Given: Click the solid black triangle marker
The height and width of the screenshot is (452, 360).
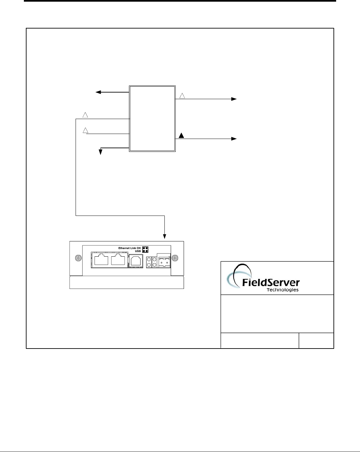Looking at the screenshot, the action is pyautogui.click(x=181, y=135).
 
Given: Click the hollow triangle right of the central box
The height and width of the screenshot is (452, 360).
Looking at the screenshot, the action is pyautogui.click(x=182, y=96).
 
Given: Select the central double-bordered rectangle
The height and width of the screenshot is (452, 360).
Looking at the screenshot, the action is pyautogui.click(x=152, y=119).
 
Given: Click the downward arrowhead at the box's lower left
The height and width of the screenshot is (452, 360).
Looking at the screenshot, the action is pyautogui.click(x=100, y=152).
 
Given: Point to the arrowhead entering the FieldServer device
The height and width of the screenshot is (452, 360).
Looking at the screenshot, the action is pyautogui.click(x=165, y=236).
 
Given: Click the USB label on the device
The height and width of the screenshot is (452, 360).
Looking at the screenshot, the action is pyautogui.click(x=138, y=251).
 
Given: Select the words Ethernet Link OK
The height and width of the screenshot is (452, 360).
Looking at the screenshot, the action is pyautogui.click(x=130, y=248).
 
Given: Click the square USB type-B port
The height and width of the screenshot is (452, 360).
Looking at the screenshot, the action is pyautogui.click(x=136, y=260).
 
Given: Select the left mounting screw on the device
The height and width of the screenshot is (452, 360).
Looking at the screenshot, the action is pyautogui.click(x=78, y=258).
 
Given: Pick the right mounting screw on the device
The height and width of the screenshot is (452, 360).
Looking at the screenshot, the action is pyautogui.click(x=176, y=258).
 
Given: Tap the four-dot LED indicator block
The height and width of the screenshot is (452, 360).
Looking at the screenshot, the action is pyautogui.click(x=145, y=250).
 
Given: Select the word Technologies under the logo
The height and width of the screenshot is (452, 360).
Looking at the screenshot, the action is pyautogui.click(x=282, y=290).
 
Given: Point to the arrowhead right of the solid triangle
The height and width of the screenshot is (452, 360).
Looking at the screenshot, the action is pyautogui.click(x=234, y=139).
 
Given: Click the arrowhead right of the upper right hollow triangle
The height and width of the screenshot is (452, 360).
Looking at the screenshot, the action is pyautogui.click(x=234, y=99).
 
